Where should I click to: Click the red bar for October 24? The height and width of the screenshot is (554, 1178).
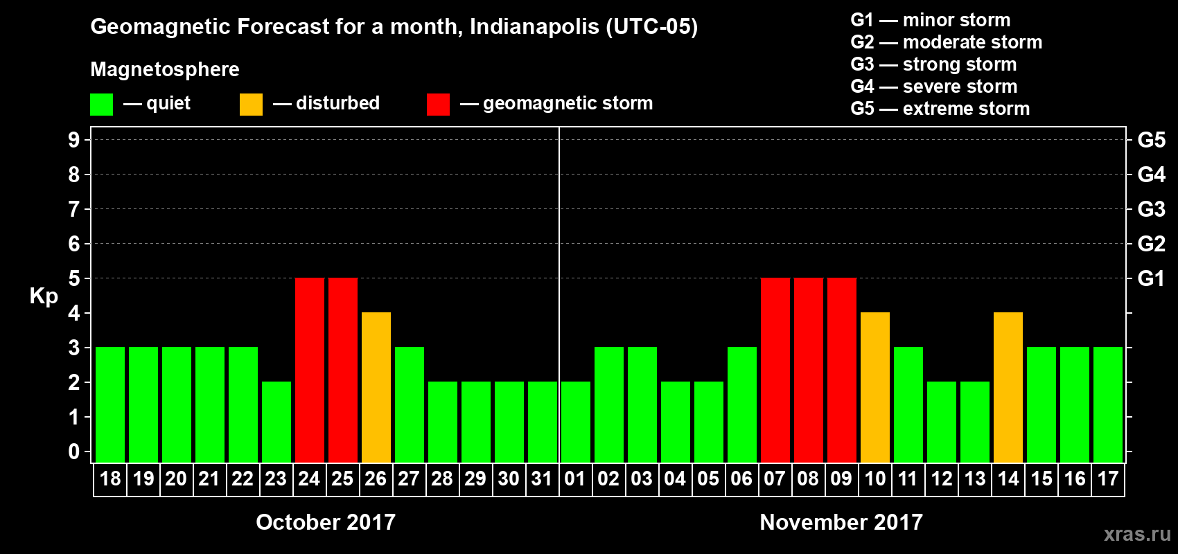[x=310, y=370]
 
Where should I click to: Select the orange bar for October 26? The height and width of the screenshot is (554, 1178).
[x=376, y=387]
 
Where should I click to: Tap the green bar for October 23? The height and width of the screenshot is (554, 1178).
[x=276, y=422]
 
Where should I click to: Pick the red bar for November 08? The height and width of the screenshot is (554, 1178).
[x=809, y=370]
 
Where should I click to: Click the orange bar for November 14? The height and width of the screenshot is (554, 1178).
[x=1008, y=387]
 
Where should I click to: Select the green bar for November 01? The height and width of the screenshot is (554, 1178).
[x=576, y=422]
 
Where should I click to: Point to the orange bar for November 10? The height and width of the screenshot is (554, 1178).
[x=875, y=387]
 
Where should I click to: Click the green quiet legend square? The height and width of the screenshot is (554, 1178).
[x=102, y=105]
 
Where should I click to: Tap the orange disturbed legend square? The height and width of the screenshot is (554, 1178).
[x=251, y=105]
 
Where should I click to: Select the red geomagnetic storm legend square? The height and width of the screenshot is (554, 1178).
[x=438, y=105]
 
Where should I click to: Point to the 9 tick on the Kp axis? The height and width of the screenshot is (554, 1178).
[x=74, y=140]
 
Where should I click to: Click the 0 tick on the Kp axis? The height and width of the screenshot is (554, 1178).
[x=74, y=452]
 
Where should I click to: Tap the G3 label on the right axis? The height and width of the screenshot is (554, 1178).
[x=1151, y=209]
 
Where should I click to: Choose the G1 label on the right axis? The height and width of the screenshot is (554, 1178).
[x=1151, y=278]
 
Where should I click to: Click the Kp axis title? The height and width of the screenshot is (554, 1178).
[x=44, y=296]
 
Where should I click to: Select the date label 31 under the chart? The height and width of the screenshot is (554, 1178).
[x=542, y=479]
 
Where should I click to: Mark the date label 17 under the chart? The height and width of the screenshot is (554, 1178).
[x=1108, y=479]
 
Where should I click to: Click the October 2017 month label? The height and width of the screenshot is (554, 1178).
[x=326, y=522]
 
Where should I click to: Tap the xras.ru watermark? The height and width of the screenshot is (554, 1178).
[x=1137, y=534]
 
